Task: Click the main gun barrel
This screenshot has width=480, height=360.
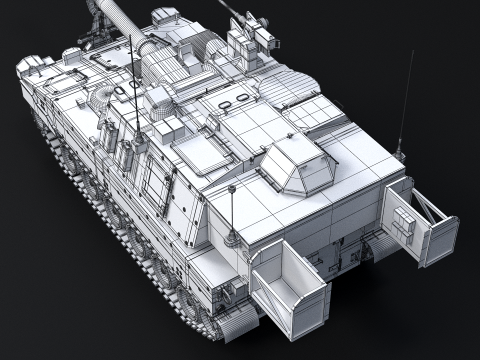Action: (x=112, y=16)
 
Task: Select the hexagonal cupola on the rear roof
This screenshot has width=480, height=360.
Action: (x=300, y=164)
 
